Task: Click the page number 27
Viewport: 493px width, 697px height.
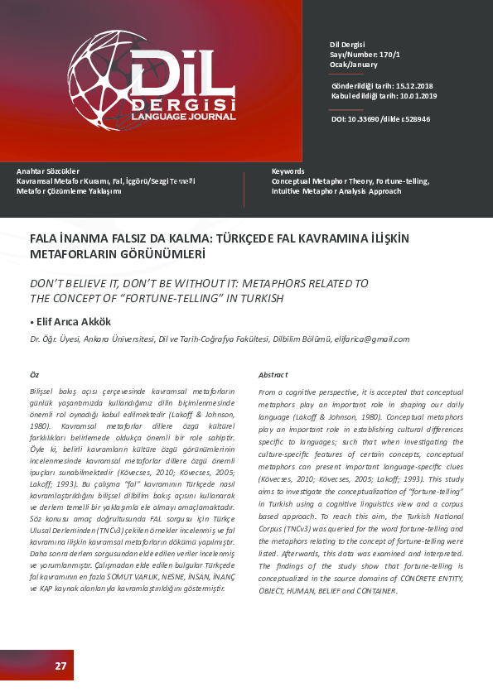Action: tap(60, 666)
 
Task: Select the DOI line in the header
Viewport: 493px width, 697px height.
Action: tap(380, 119)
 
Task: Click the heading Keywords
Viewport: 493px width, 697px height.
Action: tap(288, 171)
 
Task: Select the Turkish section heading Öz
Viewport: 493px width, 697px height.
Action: tap(34, 374)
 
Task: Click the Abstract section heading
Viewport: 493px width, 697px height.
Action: tap(273, 374)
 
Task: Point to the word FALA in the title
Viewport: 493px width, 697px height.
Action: tap(43, 238)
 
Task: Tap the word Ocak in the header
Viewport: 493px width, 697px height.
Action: tap(339, 64)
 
